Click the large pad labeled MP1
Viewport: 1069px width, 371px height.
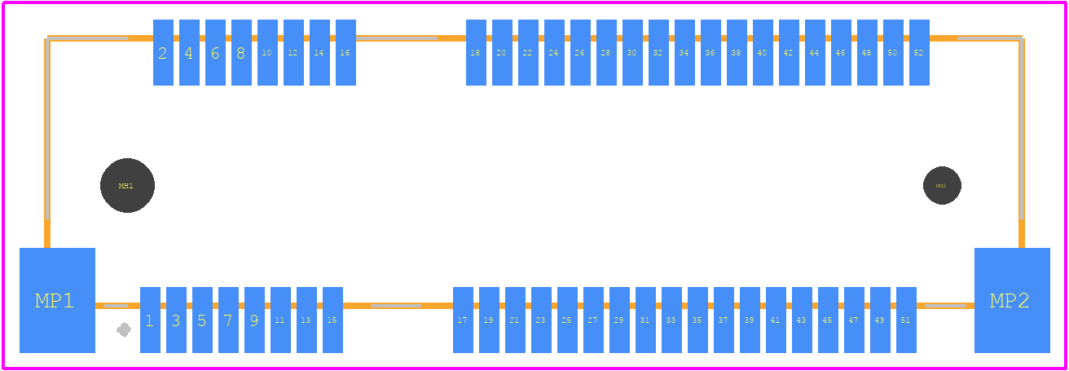click(57, 300)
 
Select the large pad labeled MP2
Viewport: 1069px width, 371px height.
click(1012, 300)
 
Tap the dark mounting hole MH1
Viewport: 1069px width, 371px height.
click(127, 186)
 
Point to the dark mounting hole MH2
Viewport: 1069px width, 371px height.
click(942, 186)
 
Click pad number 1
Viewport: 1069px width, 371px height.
click(150, 320)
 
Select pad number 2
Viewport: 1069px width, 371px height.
click(163, 53)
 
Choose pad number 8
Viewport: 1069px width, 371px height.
click(241, 53)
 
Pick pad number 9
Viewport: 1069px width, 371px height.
click(254, 320)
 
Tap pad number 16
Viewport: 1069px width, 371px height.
click(345, 53)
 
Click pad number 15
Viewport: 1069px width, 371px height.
click(332, 320)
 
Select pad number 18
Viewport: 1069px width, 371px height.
click(476, 53)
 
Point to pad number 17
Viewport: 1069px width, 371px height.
click(463, 320)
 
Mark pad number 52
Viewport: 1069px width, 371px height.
click(919, 53)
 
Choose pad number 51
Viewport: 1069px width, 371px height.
click(906, 320)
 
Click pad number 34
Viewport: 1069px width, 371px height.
click(684, 53)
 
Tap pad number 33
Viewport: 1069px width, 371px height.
click(671, 320)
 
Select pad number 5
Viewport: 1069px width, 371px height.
click(202, 320)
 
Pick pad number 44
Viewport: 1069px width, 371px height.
click(815, 53)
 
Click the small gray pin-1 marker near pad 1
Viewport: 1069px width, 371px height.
click(124, 329)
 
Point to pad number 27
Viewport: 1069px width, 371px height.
click(593, 320)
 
